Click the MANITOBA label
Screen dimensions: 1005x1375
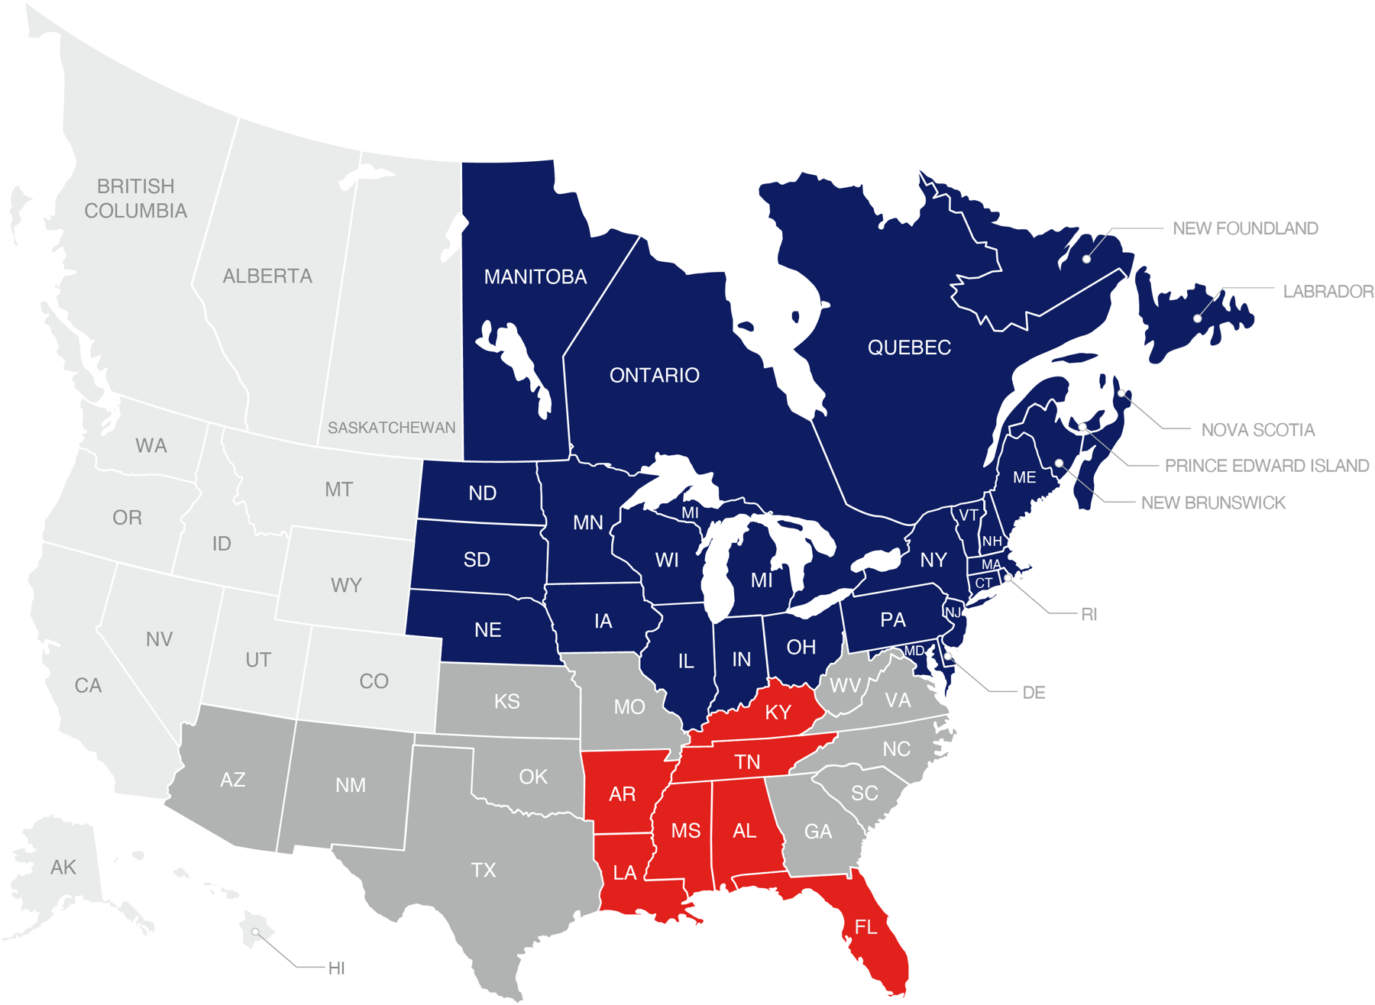[x=535, y=276]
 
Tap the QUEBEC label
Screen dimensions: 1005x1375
[x=909, y=347]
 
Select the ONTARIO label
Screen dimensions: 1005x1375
[x=655, y=375]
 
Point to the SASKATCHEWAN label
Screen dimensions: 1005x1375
[x=391, y=428]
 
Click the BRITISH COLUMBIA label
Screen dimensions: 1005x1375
[x=136, y=199]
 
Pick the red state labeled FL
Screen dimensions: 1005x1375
[x=865, y=927]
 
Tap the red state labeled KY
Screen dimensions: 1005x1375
[x=778, y=713]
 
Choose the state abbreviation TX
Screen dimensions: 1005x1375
[x=484, y=870]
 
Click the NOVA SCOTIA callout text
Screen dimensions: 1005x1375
[x=1257, y=430]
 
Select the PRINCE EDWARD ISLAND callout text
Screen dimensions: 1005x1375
[x=1267, y=466]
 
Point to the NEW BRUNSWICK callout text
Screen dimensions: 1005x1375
[x=1213, y=503]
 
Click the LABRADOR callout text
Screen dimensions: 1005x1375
[x=1328, y=291]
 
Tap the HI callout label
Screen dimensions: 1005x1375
[x=337, y=968]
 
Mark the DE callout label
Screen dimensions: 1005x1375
[x=1034, y=693]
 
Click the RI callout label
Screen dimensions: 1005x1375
[x=1089, y=614]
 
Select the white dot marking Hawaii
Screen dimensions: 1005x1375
[x=255, y=932]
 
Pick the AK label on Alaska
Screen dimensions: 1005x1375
[x=63, y=868]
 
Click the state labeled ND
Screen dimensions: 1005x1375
[x=483, y=493]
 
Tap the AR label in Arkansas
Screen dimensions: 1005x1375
[x=623, y=794]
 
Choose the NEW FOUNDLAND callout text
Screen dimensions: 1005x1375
[x=1245, y=228]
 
